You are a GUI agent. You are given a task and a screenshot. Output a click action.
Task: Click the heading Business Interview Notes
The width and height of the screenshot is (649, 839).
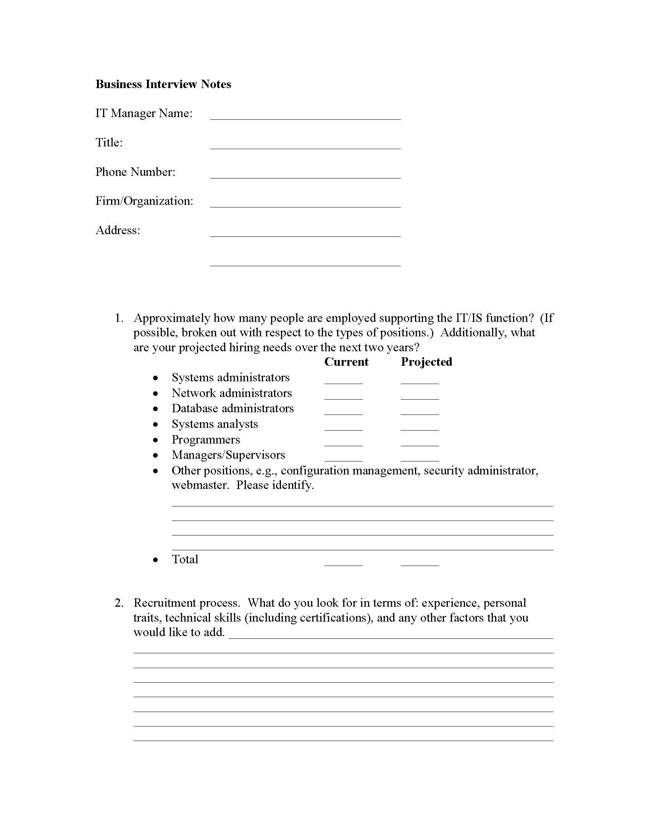point(163,84)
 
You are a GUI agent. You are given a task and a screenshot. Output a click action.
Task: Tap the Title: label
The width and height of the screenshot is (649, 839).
point(109,143)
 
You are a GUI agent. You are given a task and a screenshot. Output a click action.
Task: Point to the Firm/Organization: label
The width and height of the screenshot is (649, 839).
point(144,201)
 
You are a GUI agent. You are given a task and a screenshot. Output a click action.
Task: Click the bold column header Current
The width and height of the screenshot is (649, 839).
point(346,362)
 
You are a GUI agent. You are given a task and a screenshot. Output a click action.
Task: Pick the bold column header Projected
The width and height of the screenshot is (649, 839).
point(426,362)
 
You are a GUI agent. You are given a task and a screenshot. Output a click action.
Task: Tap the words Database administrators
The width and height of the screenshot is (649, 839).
point(232,408)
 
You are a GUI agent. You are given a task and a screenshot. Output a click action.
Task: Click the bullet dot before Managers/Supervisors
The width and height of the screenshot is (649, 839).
point(155,456)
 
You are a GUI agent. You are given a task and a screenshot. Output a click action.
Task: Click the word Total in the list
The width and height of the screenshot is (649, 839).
point(185,559)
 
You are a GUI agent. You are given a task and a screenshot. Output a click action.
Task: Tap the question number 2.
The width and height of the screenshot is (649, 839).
point(119,603)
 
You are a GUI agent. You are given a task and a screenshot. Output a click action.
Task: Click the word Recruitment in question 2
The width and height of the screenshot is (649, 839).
point(163,603)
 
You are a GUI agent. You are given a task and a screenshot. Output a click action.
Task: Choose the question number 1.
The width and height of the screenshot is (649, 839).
point(119,318)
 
